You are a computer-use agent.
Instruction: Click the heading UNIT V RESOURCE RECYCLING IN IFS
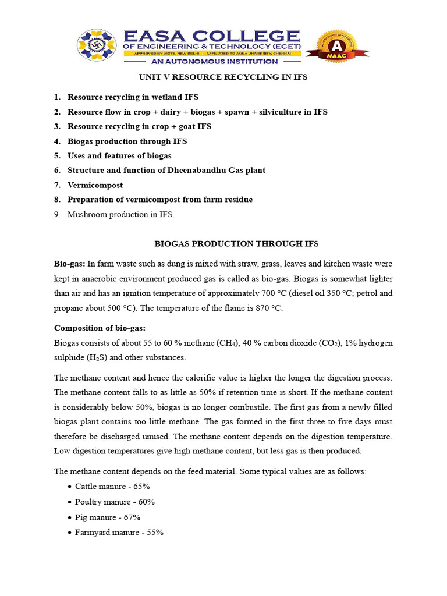[x=222, y=77]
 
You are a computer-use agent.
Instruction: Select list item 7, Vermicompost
[x=95, y=185]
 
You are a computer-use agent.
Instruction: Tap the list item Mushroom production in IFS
[x=121, y=214]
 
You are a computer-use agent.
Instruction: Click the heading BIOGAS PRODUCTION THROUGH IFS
[x=236, y=244]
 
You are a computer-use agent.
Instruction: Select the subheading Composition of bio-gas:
[x=100, y=329]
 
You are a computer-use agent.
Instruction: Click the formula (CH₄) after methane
[x=224, y=342]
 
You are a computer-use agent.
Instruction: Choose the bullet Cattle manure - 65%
[x=112, y=486]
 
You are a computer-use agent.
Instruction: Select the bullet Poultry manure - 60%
[x=115, y=502]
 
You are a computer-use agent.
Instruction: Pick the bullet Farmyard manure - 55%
[x=119, y=533]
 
